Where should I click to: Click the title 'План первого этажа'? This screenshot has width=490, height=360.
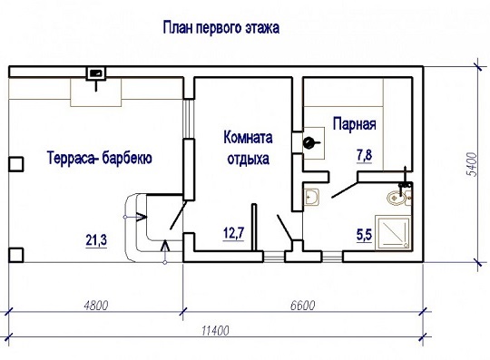pyautogui.click(x=220, y=28)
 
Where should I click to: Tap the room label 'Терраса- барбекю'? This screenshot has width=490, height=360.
pyautogui.click(x=100, y=158)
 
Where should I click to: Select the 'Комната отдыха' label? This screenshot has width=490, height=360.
pyautogui.click(x=248, y=148)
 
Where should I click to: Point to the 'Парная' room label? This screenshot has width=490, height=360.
pyautogui.click(x=355, y=123)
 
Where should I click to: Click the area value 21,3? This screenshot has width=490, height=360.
pyautogui.click(x=96, y=240)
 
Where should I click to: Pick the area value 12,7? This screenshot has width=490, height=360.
pyautogui.click(x=234, y=233)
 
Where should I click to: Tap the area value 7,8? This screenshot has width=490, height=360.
pyautogui.click(x=365, y=155)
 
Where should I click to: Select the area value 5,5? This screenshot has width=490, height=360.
pyautogui.click(x=365, y=234)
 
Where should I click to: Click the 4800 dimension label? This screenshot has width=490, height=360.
pyautogui.click(x=96, y=305)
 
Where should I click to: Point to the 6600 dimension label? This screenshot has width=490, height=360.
pyautogui.click(x=302, y=305)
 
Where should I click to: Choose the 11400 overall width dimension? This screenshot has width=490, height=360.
pyautogui.click(x=215, y=330)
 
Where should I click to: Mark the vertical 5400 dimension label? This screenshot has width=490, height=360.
pyautogui.click(x=472, y=164)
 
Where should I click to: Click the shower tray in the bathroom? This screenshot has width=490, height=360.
pyautogui.click(x=392, y=232)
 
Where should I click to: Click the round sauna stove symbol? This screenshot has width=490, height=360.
pyautogui.click(x=309, y=143)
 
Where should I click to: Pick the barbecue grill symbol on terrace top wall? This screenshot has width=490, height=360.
pyautogui.click(x=96, y=73)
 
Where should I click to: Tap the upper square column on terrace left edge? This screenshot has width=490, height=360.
pyautogui.click(x=15, y=164)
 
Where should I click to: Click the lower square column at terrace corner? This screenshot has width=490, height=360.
pyautogui.click(x=15, y=255)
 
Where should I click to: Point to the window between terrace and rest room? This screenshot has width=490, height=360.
pyautogui.click(x=189, y=119)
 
